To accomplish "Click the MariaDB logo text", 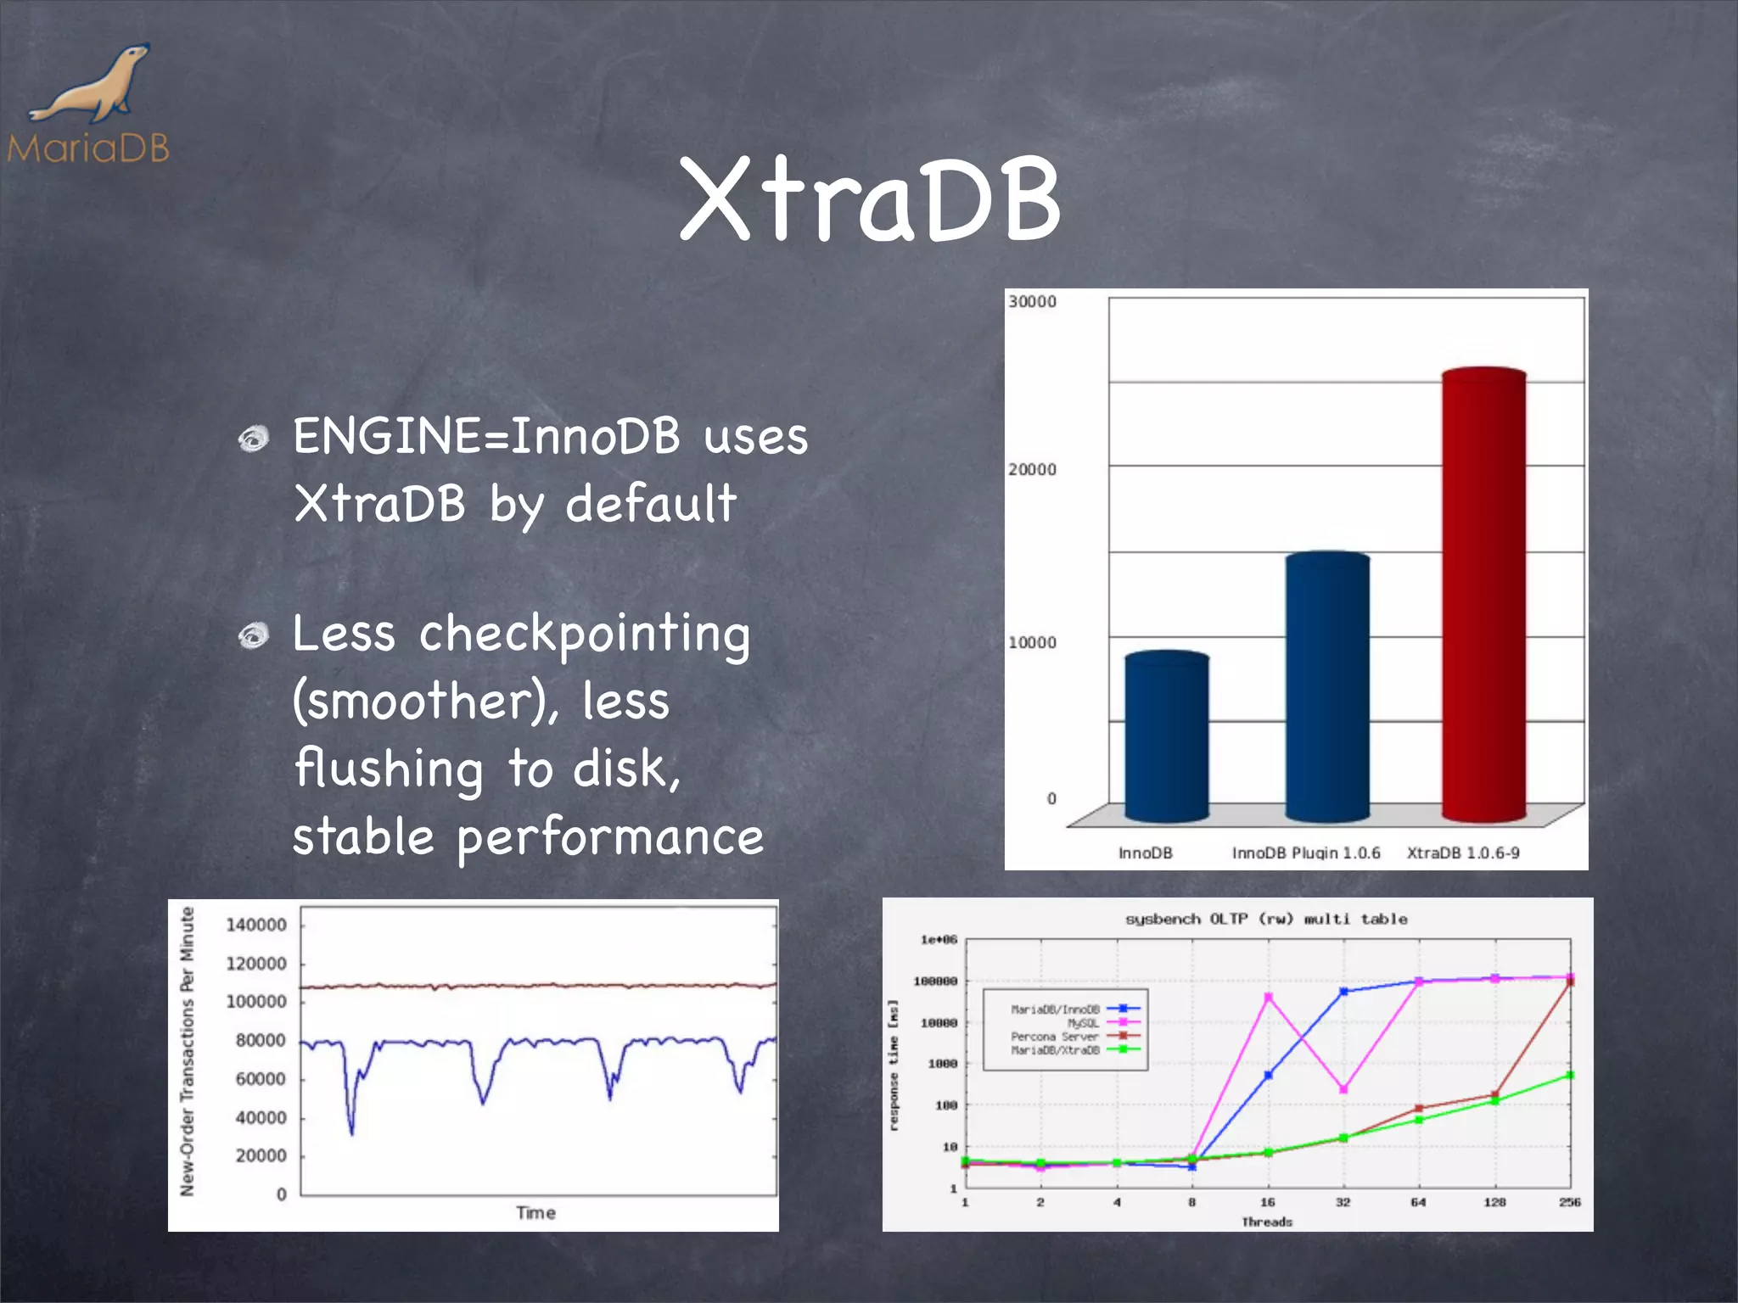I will [x=88, y=148].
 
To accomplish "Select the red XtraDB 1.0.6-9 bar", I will [x=1483, y=594].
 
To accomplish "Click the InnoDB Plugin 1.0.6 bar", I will [x=1327, y=687].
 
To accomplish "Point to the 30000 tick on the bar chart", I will [x=1032, y=302].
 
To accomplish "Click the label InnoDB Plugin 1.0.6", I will [x=1306, y=853].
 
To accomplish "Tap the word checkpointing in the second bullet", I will [x=585, y=634].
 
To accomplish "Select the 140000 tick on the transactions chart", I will [x=255, y=925].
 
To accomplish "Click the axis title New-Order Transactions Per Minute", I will [x=188, y=1052].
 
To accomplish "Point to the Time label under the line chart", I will [x=535, y=1213].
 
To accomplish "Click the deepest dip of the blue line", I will [x=351, y=1132].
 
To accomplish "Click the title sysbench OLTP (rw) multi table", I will [x=1265, y=920].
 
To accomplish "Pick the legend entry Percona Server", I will [x=1055, y=1037].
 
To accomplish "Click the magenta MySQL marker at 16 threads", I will [x=1268, y=998].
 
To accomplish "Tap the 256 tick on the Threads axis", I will [x=1569, y=1202].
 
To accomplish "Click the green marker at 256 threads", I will [x=1569, y=1075].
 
